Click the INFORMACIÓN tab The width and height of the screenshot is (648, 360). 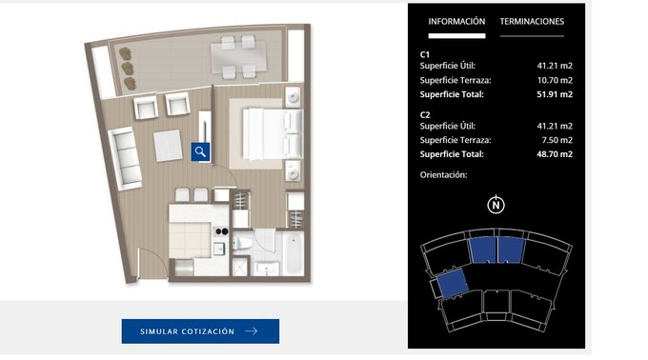pyautogui.click(x=456, y=22)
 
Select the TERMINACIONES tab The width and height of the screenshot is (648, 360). pyautogui.click(x=532, y=22)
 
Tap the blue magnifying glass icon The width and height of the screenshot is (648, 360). pyautogui.click(x=200, y=152)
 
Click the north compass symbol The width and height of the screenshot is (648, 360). pyautogui.click(x=496, y=205)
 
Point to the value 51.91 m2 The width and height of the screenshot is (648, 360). pyautogui.click(x=555, y=94)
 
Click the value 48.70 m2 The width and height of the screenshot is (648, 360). pyautogui.click(x=555, y=154)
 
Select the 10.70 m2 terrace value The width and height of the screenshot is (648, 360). pyautogui.click(x=555, y=80)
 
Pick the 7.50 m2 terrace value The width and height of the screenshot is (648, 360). pyautogui.click(x=557, y=140)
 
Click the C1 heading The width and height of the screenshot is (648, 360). pyautogui.click(x=425, y=54)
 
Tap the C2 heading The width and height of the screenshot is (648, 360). pyautogui.click(x=425, y=115)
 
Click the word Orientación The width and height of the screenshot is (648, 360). pyautogui.click(x=443, y=175)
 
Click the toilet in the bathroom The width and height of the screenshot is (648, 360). pyautogui.click(x=242, y=244)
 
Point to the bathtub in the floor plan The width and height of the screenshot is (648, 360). pyautogui.click(x=294, y=253)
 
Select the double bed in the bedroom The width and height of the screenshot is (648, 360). pyautogui.click(x=272, y=133)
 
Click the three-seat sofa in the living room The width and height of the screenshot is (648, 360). pyautogui.click(x=125, y=158)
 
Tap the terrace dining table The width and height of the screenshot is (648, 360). pyautogui.click(x=238, y=57)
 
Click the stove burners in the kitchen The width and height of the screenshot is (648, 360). pyautogui.click(x=222, y=231)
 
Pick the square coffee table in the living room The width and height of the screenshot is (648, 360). pyautogui.click(x=168, y=146)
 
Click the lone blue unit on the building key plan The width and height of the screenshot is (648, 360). pyautogui.click(x=452, y=283)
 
